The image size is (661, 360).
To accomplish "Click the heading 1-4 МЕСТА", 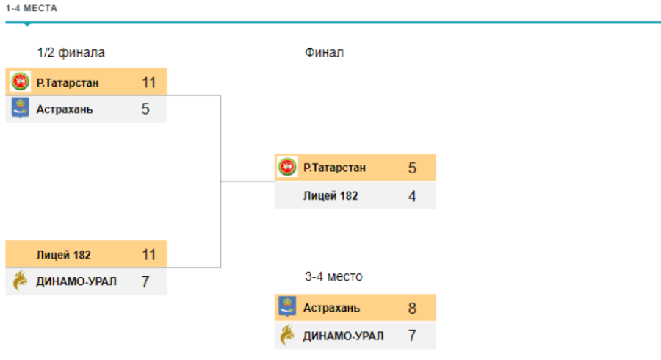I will click(x=30, y=9).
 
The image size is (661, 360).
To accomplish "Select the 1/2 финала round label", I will click(x=71, y=52).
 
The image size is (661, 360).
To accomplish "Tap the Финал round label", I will click(x=324, y=52).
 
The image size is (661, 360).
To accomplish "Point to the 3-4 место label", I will click(x=333, y=276).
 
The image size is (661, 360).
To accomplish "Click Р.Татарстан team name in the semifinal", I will click(x=68, y=82).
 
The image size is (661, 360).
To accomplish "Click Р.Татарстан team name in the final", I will click(x=334, y=168).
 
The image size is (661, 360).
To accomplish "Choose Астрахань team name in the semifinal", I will click(x=65, y=109).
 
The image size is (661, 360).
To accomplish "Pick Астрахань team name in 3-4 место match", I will click(x=332, y=308).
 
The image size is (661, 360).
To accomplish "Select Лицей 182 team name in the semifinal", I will click(x=64, y=255).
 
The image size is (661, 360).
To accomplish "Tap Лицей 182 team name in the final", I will click(x=330, y=196).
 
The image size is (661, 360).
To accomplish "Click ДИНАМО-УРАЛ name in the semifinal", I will click(x=76, y=281).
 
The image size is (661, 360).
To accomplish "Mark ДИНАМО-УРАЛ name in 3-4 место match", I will click(x=343, y=336).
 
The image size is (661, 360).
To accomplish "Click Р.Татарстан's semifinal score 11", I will click(x=149, y=82).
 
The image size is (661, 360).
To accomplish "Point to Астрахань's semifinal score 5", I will click(x=145, y=109).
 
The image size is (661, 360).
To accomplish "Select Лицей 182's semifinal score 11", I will click(x=149, y=255).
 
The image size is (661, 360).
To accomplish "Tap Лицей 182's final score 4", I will click(x=413, y=196).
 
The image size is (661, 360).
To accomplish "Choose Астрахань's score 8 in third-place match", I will click(x=413, y=308).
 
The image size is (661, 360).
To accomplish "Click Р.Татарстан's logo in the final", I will click(x=287, y=168).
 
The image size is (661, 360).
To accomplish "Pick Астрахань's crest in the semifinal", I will click(x=21, y=109).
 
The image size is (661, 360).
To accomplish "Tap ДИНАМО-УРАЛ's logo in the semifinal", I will click(x=21, y=281).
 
